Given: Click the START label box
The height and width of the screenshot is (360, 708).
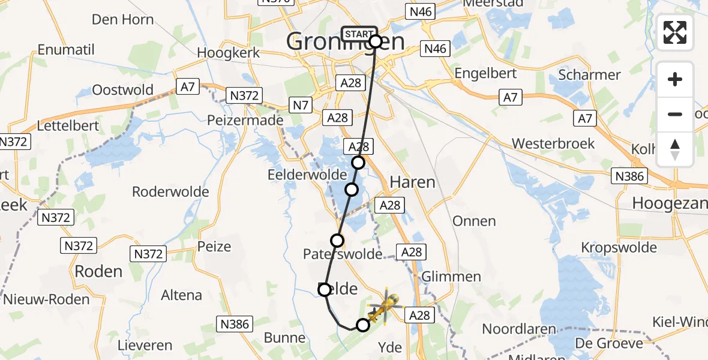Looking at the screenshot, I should pyautogui.click(x=359, y=34).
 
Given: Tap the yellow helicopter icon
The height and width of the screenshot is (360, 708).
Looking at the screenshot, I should pyautogui.click(x=382, y=306).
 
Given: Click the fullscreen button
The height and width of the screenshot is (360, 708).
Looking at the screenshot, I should pyautogui.click(x=675, y=32).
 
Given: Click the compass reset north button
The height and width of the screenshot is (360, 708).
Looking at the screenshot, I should pyautogui.click(x=675, y=149).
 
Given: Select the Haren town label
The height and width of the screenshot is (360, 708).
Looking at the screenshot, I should pyautogui.click(x=412, y=182).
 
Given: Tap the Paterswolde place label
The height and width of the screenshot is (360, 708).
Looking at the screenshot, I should pyautogui.click(x=343, y=254).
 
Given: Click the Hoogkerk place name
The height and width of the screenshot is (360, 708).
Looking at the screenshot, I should pyautogui.click(x=229, y=53).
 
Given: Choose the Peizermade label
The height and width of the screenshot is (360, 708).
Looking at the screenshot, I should pyautogui.click(x=245, y=120).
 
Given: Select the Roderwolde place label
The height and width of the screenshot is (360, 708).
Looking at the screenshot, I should pyautogui.click(x=170, y=192).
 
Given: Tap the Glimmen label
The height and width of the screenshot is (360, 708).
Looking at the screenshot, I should pyautogui.click(x=451, y=277).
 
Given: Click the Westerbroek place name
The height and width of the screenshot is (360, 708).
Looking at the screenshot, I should pyautogui.click(x=553, y=144).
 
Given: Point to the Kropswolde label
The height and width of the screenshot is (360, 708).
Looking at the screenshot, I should pyautogui.click(x=619, y=247).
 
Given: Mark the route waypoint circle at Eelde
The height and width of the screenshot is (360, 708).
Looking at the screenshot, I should pyautogui.click(x=325, y=290).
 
